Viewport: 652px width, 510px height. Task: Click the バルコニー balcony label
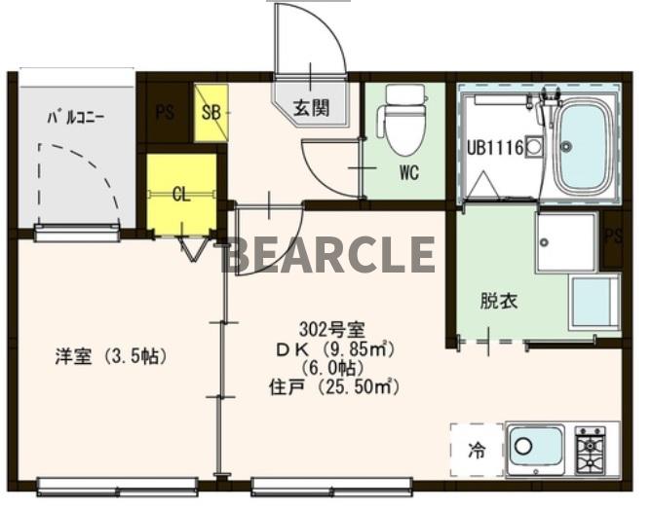coord(78,119)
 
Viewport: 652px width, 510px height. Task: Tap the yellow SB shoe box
coord(211,112)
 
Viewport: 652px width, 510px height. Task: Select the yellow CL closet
coord(181,195)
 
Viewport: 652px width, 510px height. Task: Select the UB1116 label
coord(495,149)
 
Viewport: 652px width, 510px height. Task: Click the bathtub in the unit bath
coord(584,146)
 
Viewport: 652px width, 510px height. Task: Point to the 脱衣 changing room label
coord(498,301)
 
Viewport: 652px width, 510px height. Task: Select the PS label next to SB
coord(165,112)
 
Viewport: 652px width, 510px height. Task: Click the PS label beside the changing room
coord(612,237)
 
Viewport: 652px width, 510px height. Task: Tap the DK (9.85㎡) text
coord(333,348)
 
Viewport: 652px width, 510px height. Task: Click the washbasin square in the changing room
coord(565,242)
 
